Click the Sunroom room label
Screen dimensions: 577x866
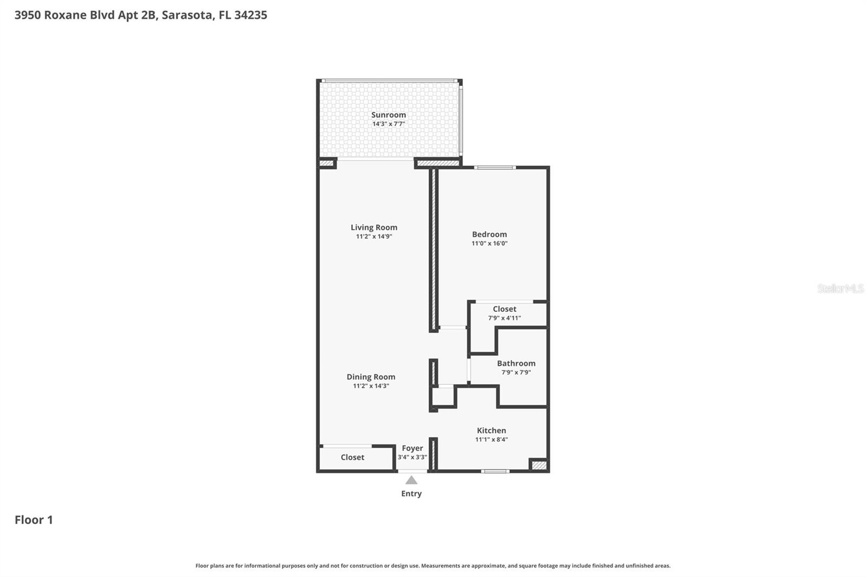click(x=388, y=115)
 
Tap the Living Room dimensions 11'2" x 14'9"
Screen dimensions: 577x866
click(x=373, y=237)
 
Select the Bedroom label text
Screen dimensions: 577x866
click(x=489, y=234)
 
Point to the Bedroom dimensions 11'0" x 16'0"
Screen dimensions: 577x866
click(x=489, y=244)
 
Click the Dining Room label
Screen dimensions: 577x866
click(x=371, y=377)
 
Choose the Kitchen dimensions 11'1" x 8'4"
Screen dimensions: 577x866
click(x=491, y=440)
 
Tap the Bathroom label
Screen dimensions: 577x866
click(x=516, y=363)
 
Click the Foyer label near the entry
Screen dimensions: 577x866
click(x=412, y=448)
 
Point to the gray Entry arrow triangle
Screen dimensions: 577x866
click(x=411, y=480)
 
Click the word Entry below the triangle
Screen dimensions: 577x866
click(x=411, y=494)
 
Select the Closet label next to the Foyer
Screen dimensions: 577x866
click(x=352, y=457)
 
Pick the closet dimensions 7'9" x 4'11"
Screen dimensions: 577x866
click(x=504, y=318)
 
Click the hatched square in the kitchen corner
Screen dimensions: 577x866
click(x=539, y=465)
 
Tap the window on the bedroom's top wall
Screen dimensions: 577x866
click(x=495, y=167)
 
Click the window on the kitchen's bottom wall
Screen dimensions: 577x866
click(x=495, y=471)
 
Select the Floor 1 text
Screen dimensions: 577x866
click(x=34, y=520)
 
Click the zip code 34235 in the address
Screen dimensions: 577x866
click(x=251, y=15)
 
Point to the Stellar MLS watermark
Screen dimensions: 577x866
click(x=840, y=289)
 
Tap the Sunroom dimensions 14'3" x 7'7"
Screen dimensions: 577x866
click(x=388, y=124)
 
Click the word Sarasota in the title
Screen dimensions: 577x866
click(x=187, y=15)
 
